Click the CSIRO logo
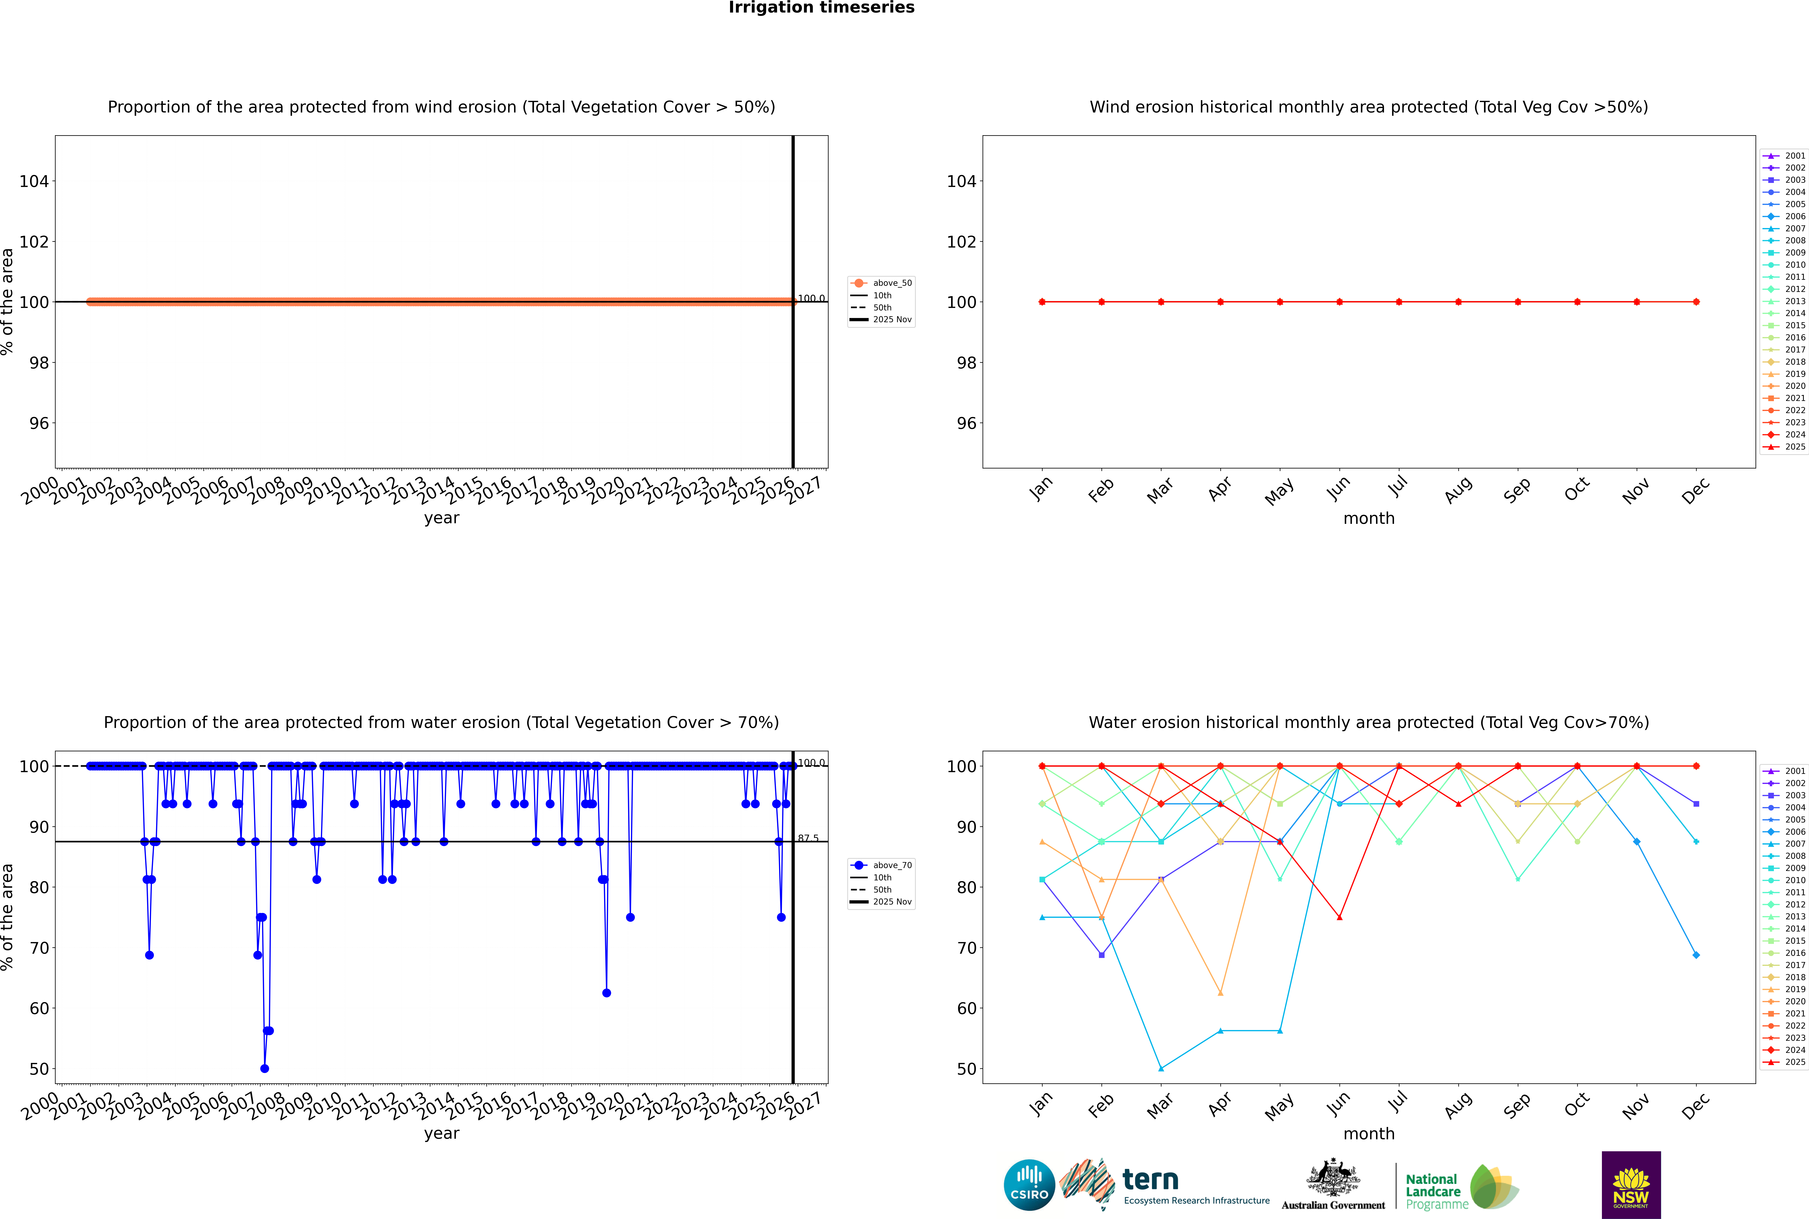click(1029, 1185)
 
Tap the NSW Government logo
click(1631, 1185)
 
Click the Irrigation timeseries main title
click(821, 8)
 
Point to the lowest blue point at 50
click(264, 1068)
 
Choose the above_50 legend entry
click(882, 283)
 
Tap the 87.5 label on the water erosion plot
click(808, 838)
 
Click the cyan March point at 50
click(1161, 1068)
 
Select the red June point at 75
click(1339, 917)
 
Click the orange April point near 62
click(1220, 993)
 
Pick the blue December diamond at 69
click(1696, 955)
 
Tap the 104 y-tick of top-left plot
click(33, 181)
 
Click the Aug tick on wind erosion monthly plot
click(1458, 490)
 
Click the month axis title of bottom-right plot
click(1369, 1134)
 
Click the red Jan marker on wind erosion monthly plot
click(1042, 302)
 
